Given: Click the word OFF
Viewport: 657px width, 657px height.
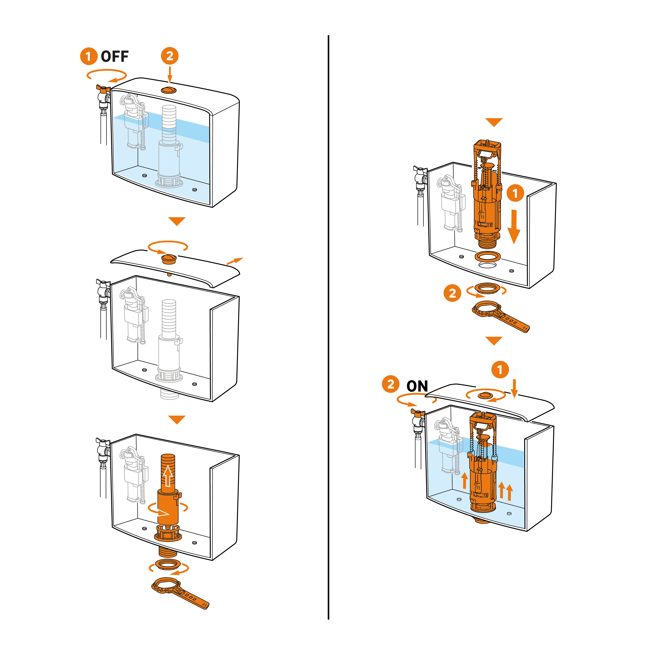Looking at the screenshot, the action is [x=115, y=57].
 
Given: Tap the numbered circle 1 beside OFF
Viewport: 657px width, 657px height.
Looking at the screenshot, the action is [x=89, y=57].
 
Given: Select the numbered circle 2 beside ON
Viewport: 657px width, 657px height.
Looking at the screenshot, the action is [x=391, y=384].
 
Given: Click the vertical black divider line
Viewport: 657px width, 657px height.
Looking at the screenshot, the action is [x=328, y=327].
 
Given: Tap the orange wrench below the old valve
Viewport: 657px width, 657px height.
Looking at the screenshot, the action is [x=180, y=593].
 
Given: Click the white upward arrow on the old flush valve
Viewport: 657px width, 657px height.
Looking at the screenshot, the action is [x=168, y=476].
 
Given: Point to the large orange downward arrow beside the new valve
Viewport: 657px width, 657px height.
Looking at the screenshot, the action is [x=514, y=227].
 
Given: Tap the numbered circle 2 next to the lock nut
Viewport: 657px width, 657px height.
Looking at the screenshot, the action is [x=452, y=293].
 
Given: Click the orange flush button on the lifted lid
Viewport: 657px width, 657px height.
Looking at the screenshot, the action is [x=169, y=259].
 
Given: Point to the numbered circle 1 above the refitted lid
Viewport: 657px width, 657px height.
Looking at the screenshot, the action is [x=500, y=370].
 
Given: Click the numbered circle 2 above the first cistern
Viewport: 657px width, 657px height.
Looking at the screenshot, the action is [x=170, y=56].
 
